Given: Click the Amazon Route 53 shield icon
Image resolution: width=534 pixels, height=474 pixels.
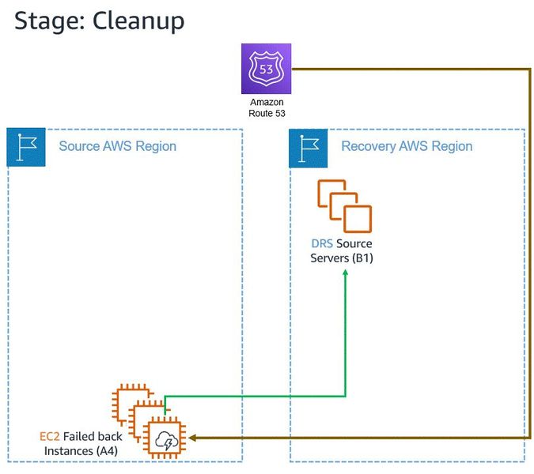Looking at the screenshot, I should tap(267, 69).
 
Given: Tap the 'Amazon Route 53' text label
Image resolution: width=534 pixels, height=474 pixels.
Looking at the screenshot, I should tap(267, 108).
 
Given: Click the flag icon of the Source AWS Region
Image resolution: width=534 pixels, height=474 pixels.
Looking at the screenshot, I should tap(26, 146).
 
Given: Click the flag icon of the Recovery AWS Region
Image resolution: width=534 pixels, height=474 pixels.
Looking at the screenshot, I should tap(309, 146).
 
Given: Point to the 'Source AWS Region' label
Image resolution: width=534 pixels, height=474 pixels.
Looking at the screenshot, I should tap(117, 146).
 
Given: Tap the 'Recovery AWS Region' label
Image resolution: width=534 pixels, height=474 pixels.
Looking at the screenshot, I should tap(407, 146).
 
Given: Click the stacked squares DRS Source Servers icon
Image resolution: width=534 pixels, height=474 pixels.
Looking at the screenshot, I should tap(344, 205).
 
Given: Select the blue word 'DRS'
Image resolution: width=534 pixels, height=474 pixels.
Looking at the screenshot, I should tap(323, 244).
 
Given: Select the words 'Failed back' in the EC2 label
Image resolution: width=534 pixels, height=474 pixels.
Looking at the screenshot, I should tap(89, 436).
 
